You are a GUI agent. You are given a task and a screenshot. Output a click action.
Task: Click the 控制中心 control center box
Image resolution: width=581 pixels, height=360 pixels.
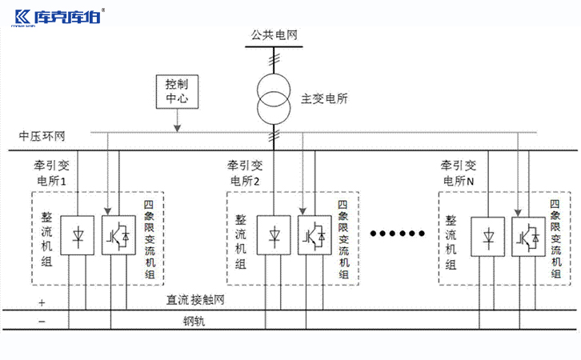point(176,92)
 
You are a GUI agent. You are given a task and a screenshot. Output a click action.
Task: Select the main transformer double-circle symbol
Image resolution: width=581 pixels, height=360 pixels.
point(274,97)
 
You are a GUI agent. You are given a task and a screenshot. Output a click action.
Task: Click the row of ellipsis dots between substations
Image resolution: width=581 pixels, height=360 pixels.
point(398,234)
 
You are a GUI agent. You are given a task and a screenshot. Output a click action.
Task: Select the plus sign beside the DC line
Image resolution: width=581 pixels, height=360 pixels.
point(42,303)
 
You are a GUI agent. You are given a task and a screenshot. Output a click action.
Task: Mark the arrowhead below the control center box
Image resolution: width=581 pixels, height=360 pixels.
point(176,129)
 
